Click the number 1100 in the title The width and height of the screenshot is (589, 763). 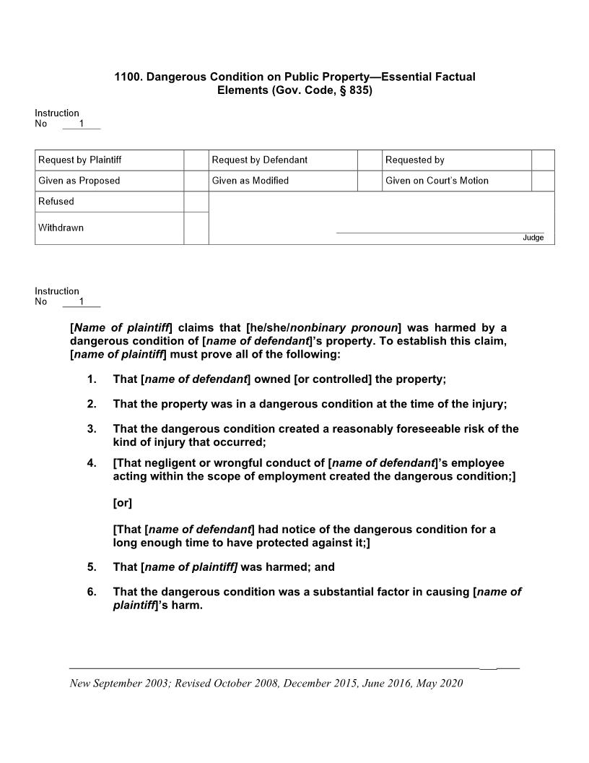(128, 77)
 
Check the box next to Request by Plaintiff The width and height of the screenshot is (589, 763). (196, 160)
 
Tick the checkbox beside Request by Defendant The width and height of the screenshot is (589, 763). (370, 160)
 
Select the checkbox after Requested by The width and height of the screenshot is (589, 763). (543, 160)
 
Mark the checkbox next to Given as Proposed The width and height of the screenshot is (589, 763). (196, 181)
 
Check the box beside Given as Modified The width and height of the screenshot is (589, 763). (370, 181)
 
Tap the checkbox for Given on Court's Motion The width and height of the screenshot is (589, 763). (543, 181)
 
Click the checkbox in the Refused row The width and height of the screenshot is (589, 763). (196, 202)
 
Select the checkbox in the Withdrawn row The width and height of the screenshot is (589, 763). (196, 228)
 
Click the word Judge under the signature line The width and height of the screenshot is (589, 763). (533, 238)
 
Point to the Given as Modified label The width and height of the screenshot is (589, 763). (250, 181)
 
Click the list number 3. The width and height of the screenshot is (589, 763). (92, 429)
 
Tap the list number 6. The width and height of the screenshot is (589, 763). (92, 592)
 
